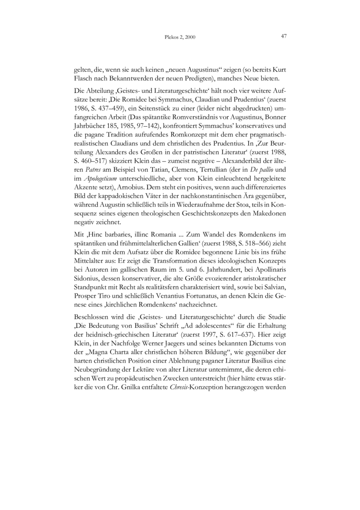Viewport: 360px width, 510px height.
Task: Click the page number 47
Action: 284,37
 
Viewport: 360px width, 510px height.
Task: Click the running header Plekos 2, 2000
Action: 180,37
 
